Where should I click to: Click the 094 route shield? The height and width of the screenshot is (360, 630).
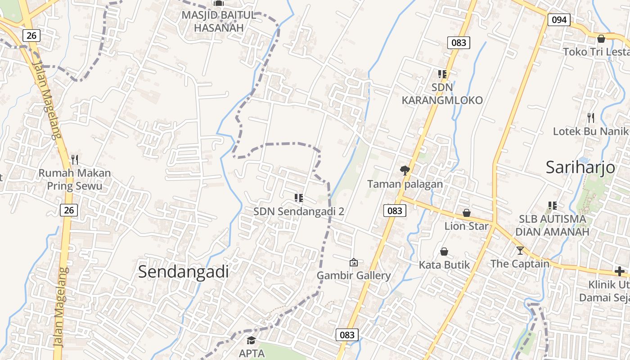559,20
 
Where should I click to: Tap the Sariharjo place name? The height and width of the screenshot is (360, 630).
580,167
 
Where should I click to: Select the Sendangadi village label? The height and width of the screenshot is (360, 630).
183,272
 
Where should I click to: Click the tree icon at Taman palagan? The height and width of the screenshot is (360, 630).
405,170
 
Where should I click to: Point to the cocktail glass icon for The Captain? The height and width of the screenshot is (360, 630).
520,250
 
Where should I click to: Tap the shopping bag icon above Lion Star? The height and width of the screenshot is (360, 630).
467,212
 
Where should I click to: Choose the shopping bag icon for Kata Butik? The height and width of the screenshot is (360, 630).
444,251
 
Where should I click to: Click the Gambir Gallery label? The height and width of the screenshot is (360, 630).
354,275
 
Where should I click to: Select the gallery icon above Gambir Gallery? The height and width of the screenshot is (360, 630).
354,262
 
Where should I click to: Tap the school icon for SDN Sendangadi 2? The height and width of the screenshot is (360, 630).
298,198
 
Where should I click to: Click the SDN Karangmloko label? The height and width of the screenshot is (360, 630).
442,94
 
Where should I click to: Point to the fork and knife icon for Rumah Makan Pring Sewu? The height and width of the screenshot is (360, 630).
75,159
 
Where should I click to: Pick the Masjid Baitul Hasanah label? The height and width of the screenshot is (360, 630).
219,21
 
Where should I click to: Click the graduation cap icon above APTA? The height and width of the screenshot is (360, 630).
251,340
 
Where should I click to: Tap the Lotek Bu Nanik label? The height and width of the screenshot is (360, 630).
590,131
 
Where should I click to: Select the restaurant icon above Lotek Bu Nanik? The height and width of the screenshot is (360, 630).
591,118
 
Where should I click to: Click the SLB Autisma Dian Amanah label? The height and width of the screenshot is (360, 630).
552,225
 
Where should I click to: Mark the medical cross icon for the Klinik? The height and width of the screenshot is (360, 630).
620,271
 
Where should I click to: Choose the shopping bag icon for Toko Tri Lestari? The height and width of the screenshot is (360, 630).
601,39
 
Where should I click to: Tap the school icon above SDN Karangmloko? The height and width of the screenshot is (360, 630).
442,74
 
